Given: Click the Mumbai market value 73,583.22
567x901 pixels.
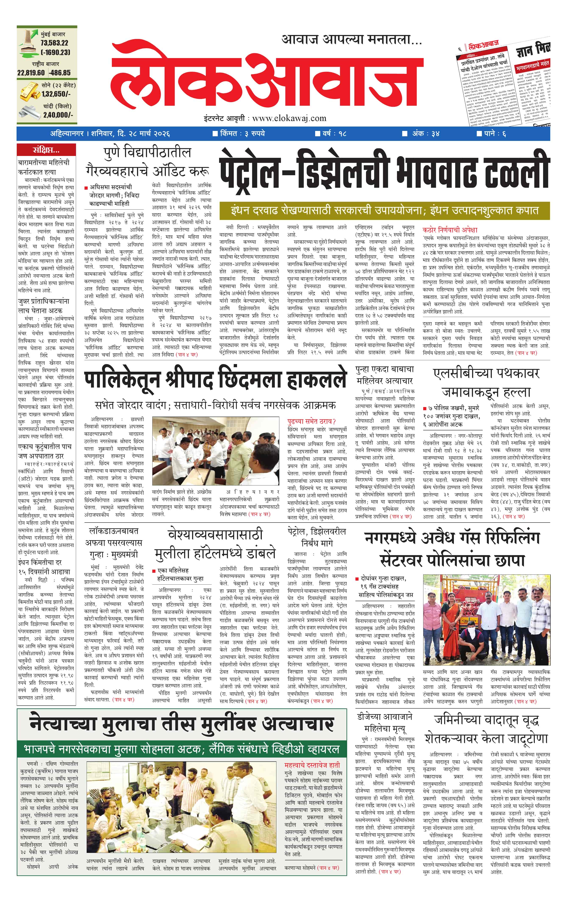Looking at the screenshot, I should coord(55,43).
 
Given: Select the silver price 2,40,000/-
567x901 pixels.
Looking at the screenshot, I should coord(58,115).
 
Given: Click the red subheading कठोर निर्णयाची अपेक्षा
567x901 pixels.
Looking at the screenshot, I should coord(450,230).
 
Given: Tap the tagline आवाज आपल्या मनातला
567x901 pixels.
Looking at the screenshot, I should coord(352,40).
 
